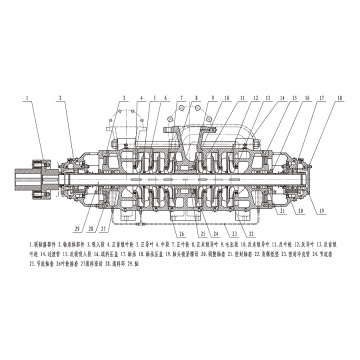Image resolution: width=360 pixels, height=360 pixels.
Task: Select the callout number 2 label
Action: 61,97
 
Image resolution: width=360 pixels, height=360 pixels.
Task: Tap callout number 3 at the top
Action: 124,97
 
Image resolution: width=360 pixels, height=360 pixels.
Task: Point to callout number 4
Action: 142,97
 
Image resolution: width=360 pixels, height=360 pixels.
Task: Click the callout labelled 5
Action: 154,97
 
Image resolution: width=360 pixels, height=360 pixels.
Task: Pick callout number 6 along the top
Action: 165,97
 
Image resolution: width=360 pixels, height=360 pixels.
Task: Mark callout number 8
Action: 196,97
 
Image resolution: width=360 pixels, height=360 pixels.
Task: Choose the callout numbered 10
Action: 226,97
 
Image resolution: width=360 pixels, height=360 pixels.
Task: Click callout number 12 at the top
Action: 254,97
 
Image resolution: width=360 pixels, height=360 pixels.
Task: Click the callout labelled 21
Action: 282,212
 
